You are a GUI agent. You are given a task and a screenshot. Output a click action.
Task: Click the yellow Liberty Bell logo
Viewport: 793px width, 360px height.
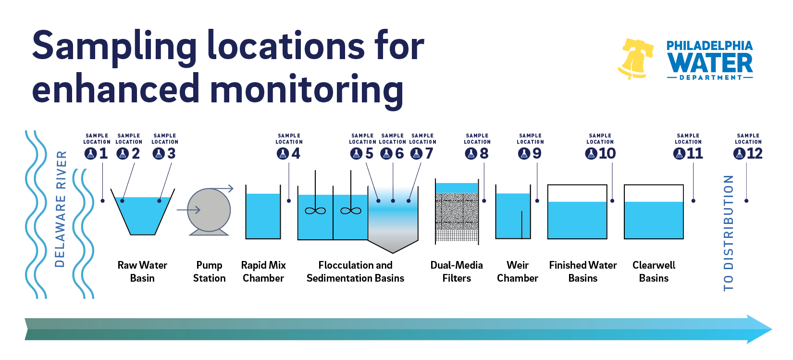pos(635,59)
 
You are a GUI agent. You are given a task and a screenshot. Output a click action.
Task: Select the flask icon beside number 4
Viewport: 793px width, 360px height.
pos(283,153)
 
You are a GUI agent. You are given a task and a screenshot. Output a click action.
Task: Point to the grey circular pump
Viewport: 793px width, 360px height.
pos(209,210)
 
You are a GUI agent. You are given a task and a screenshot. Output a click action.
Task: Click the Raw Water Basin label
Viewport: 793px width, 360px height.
pos(142,272)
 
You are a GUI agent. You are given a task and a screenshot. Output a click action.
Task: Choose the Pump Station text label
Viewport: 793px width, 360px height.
pos(209,272)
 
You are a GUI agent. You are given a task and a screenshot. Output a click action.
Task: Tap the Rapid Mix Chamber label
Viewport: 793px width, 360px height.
pos(263,272)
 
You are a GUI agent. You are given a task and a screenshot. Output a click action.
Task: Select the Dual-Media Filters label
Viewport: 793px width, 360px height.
pos(457,272)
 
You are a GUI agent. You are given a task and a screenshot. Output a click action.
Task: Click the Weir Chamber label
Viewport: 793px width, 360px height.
pos(518,272)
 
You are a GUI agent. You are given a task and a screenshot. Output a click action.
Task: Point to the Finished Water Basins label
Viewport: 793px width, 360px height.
pos(583,272)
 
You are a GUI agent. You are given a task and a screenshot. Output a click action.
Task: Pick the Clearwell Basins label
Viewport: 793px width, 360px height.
pos(654,272)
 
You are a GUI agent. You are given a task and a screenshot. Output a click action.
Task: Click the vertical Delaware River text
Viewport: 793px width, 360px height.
pos(61,209)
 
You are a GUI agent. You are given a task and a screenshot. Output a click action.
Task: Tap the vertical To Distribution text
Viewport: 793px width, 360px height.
pos(729,233)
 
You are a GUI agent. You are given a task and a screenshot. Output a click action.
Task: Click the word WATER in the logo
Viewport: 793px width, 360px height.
pos(710,63)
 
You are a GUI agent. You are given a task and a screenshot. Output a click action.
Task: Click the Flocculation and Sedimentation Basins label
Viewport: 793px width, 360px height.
pos(356,272)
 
